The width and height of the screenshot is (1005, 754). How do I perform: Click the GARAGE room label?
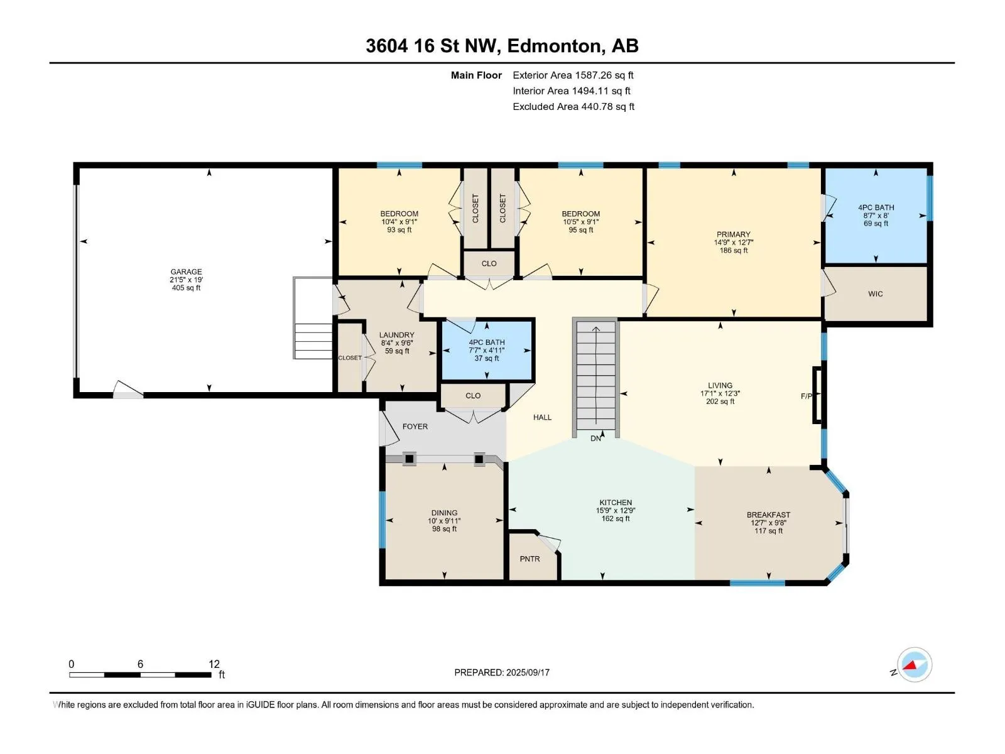tap(186, 271)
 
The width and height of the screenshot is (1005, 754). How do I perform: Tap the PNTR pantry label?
tap(530, 559)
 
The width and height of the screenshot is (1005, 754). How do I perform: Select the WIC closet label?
tap(876, 294)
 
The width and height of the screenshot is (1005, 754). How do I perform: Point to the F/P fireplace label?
tap(807, 396)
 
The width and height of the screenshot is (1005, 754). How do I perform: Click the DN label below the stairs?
tap(595, 438)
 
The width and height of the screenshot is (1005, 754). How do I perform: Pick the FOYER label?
tap(415, 426)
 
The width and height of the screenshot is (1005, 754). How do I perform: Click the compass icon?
tap(915, 665)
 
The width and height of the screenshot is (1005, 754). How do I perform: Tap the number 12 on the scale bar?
tap(214, 664)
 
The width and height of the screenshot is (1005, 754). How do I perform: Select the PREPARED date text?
tap(502, 672)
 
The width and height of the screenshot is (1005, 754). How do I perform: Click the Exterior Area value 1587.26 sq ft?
tap(604, 75)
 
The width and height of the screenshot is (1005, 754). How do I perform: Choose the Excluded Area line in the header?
tap(573, 107)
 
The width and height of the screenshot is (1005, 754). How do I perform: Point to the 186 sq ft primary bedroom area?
tap(734, 251)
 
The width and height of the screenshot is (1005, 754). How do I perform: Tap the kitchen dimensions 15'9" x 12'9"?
tap(616, 510)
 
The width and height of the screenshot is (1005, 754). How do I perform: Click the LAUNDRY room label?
tap(396, 335)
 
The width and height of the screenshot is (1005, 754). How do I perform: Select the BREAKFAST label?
tap(768, 515)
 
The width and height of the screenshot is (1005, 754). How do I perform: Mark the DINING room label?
tap(444, 513)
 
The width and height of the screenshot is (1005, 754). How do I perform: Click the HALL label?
tap(542, 417)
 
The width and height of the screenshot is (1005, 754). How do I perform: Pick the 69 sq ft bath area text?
tap(876, 224)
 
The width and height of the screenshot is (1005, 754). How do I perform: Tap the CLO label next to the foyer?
tap(473, 396)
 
